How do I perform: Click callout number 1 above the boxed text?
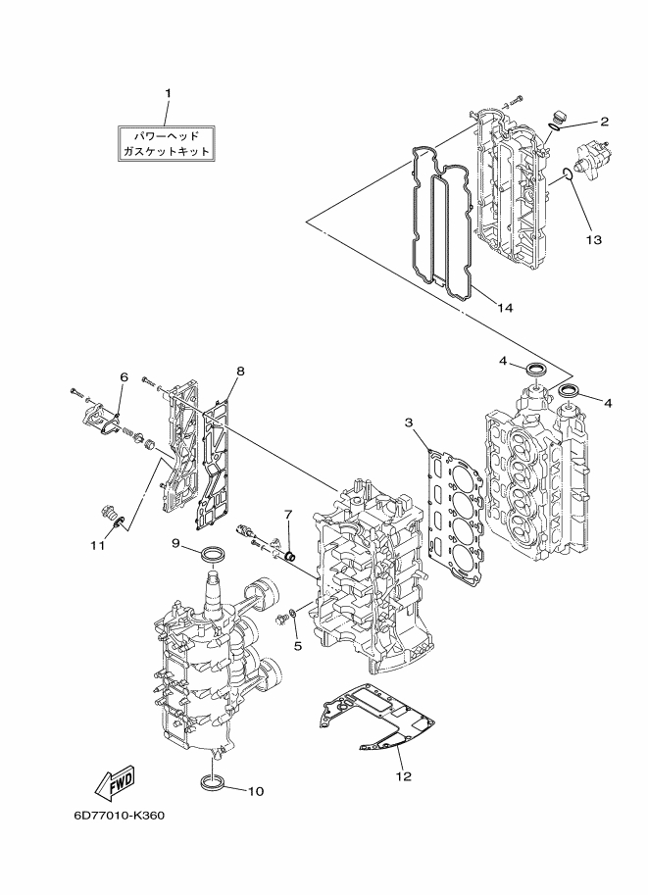[x=167, y=93]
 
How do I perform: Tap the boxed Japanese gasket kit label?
[x=167, y=142]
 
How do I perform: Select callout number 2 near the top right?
[x=604, y=122]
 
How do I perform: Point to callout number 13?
[x=594, y=238]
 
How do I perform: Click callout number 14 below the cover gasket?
[x=504, y=308]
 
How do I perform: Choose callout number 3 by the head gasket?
[x=408, y=423]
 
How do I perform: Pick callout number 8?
[x=240, y=371]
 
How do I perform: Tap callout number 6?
[x=125, y=376]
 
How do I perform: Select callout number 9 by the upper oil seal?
[x=175, y=542]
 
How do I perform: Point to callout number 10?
[x=255, y=791]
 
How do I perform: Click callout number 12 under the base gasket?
[x=403, y=777]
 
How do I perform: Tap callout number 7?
[x=289, y=513]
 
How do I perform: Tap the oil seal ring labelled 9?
[x=213, y=557]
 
